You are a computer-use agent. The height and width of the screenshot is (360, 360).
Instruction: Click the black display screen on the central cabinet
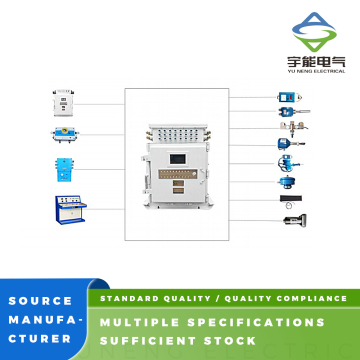[177, 159]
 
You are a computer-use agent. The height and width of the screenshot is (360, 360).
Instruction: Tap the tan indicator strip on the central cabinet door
[178, 174]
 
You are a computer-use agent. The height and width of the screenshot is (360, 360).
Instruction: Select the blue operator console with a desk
[70, 210]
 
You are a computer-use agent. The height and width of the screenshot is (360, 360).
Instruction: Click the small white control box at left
[63, 103]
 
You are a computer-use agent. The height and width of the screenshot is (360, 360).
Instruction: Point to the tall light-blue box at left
[64, 170]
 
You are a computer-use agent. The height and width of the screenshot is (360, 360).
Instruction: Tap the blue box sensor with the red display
[289, 97]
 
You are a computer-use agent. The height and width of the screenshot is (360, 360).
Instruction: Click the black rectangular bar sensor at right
[291, 199]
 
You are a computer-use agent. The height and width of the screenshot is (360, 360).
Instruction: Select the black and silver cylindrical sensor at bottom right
[295, 219]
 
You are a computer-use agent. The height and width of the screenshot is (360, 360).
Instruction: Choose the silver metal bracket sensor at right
[293, 127]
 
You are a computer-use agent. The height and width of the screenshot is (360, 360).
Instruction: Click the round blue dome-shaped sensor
[286, 182]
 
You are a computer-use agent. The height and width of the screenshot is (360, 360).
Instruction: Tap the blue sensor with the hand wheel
[287, 163]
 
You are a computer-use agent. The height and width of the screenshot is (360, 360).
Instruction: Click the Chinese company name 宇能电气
[316, 62]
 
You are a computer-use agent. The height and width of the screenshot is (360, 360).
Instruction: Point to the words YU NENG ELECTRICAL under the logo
[316, 71]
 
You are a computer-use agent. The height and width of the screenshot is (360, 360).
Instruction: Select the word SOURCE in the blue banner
[40, 301]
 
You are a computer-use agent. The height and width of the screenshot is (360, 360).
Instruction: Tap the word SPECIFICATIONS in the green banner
[256, 322]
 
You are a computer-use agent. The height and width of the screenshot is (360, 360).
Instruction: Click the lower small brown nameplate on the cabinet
[178, 191]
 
